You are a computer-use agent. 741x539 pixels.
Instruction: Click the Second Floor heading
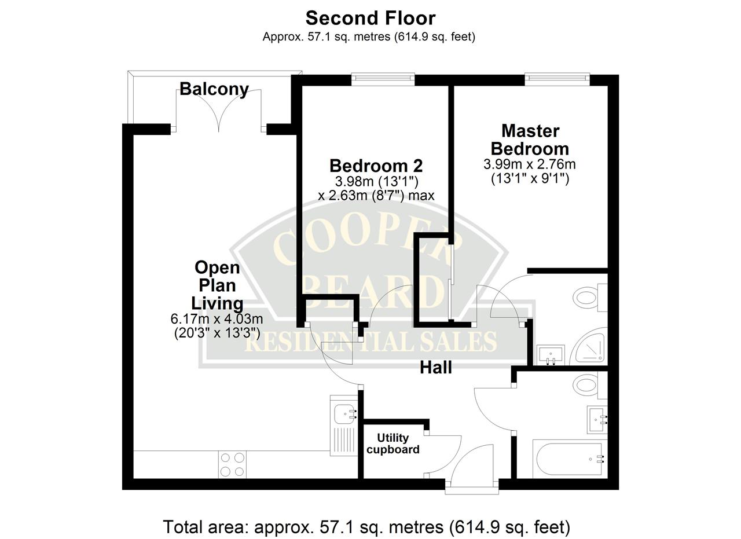(x=370, y=18)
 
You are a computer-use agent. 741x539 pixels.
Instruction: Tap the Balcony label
(x=214, y=89)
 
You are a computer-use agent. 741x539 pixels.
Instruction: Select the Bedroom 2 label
(x=376, y=166)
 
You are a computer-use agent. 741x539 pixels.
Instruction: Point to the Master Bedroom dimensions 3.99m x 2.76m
(x=529, y=164)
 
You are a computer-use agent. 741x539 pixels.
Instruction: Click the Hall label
(x=436, y=368)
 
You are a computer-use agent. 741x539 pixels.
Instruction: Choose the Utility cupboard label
(x=393, y=443)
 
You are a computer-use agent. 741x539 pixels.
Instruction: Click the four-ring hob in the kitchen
(x=232, y=464)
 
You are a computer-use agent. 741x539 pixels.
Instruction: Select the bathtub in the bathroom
(x=570, y=459)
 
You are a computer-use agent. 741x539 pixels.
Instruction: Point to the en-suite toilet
(x=590, y=297)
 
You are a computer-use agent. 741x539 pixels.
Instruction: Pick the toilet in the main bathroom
(x=590, y=386)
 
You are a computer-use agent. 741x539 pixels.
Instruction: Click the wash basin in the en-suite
(x=551, y=355)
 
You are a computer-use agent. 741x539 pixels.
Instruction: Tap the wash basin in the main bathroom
(x=597, y=420)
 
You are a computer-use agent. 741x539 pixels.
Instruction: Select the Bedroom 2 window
(x=383, y=79)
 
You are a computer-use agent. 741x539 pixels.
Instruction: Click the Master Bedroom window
(x=557, y=79)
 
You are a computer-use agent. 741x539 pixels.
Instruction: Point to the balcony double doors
(x=218, y=111)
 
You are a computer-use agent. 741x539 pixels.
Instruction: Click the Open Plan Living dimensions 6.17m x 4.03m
(x=217, y=319)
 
